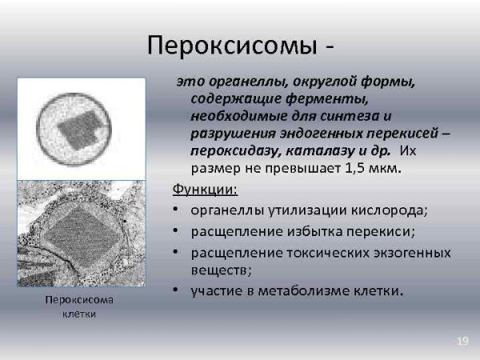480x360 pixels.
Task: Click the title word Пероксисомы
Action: [x=231, y=46]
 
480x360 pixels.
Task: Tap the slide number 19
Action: [x=462, y=342]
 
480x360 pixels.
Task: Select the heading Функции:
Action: [x=204, y=190]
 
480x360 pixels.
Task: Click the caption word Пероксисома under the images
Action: [x=79, y=300]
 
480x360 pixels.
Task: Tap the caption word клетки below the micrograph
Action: [x=79, y=314]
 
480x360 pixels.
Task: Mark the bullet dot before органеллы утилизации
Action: [x=175, y=211]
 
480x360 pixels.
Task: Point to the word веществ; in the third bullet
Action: [x=216, y=270]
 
